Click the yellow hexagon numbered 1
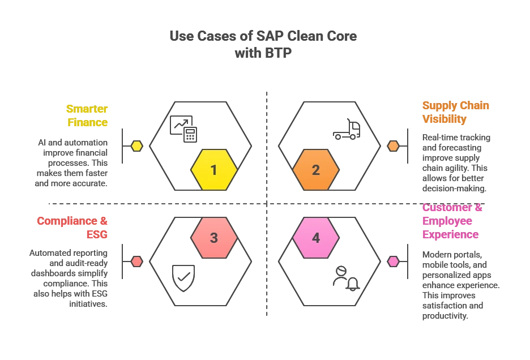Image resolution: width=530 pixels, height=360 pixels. [x=213, y=170]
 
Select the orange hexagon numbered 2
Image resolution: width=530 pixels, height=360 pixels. [x=316, y=170]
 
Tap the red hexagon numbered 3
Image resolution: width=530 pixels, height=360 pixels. [x=213, y=238]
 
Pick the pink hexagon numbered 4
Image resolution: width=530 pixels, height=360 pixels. [x=316, y=238]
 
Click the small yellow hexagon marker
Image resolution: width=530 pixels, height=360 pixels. [x=137, y=146]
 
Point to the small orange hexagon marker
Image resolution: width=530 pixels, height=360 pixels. [x=393, y=146]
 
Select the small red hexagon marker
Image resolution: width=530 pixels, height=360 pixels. [x=137, y=262]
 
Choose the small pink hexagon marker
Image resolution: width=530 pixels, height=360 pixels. [x=393, y=262]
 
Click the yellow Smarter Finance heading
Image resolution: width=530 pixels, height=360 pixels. [x=87, y=115]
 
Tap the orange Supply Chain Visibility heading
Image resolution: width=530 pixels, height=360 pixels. [x=455, y=113]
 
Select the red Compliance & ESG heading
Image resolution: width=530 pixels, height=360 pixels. [x=72, y=227]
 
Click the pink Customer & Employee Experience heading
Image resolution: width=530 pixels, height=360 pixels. [x=452, y=221]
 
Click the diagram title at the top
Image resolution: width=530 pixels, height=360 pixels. [x=263, y=43]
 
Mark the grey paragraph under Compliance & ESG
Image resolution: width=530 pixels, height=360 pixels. [x=68, y=278]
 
